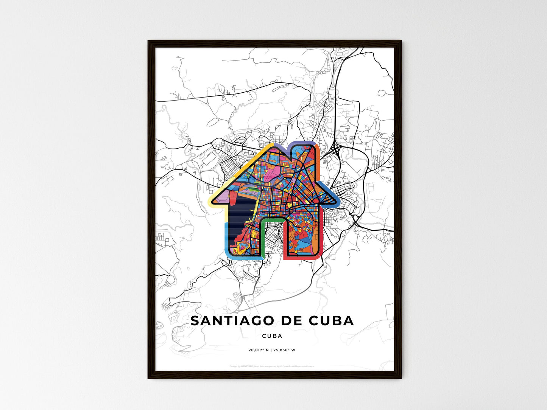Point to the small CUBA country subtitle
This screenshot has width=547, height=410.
pyautogui.click(x=272, y=336)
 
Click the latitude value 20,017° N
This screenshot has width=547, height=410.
pyautogui.click(x=258, y=350)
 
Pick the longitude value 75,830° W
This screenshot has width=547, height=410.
pyautogui.click(x=285, y=350)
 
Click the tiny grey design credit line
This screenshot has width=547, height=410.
pyautogui.click(x=272, y=366)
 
